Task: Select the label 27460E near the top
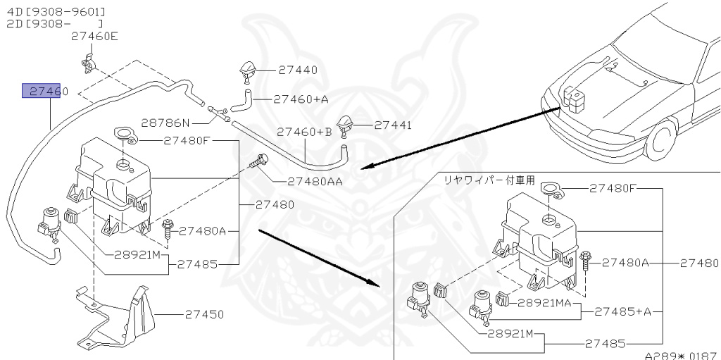94,37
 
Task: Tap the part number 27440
297,70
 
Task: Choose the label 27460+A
301,99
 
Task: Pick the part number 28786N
166,123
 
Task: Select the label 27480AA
315,181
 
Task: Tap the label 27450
205,315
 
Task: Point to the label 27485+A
623,311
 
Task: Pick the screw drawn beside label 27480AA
261,162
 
